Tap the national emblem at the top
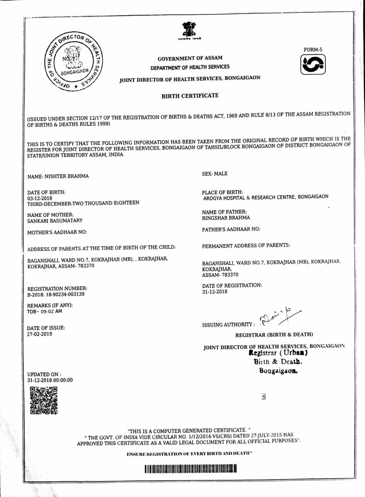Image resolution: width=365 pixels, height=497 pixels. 188,31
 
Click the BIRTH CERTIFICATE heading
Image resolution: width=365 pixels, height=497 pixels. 190,96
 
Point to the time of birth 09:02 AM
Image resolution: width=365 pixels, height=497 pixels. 51,311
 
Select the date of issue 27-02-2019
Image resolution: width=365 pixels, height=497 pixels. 40,334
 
